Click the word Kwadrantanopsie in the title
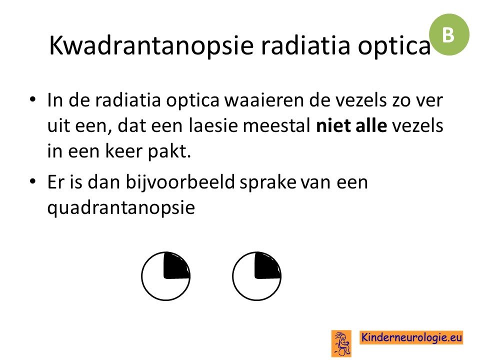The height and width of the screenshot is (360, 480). (x=151, y=46)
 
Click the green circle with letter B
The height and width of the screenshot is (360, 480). (x=449, y=34)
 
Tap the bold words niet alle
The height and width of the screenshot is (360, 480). (x=351, y=125)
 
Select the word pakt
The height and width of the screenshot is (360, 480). (x=169, y=151)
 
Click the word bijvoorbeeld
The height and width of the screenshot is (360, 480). (x=180, y=182)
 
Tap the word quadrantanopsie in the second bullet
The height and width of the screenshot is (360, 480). (x=121, y=208)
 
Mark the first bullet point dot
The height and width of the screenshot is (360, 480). (x=32, y=99)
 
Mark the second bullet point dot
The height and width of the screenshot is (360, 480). (x=32, y=181)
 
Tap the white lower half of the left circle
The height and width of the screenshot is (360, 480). (x=165, y=289)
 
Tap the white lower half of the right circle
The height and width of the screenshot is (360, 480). (x=256, y=289)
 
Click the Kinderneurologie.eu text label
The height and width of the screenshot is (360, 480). (x=411, y=337)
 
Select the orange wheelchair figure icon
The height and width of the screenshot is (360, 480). (x=341, y=343)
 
